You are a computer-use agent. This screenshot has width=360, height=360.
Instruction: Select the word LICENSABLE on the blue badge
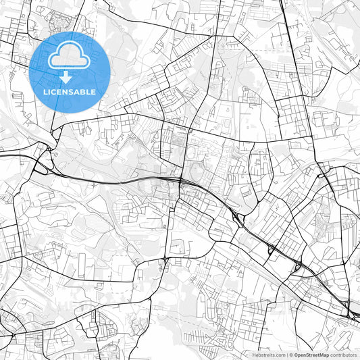[x=70, y=91]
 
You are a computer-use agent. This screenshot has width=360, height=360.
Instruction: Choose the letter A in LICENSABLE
[x=80, y=91]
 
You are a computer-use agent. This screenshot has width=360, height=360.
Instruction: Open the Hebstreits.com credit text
[x=267, y=355]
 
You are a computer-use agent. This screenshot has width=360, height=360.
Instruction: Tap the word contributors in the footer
[x=342, y=355]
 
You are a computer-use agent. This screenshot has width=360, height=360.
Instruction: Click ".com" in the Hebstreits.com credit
[x=280, y=355]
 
